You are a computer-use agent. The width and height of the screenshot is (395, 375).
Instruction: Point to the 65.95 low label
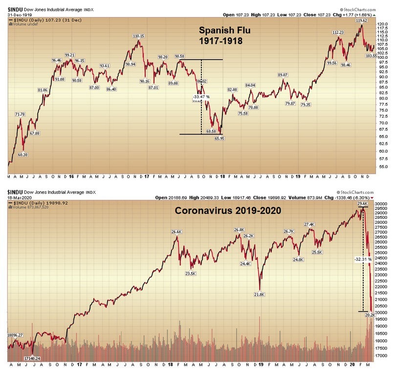[219, 139]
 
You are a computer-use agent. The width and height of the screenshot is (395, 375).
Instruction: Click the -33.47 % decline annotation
[201, 96]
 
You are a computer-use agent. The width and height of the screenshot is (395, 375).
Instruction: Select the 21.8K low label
[260, 294]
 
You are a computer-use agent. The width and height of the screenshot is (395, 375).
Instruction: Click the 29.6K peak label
[362, 204]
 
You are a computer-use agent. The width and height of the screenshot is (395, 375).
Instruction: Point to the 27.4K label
[309, 224]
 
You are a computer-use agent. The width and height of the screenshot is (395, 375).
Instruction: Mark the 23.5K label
[190, 274]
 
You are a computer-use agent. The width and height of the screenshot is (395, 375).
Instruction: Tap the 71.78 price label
[20, 114]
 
